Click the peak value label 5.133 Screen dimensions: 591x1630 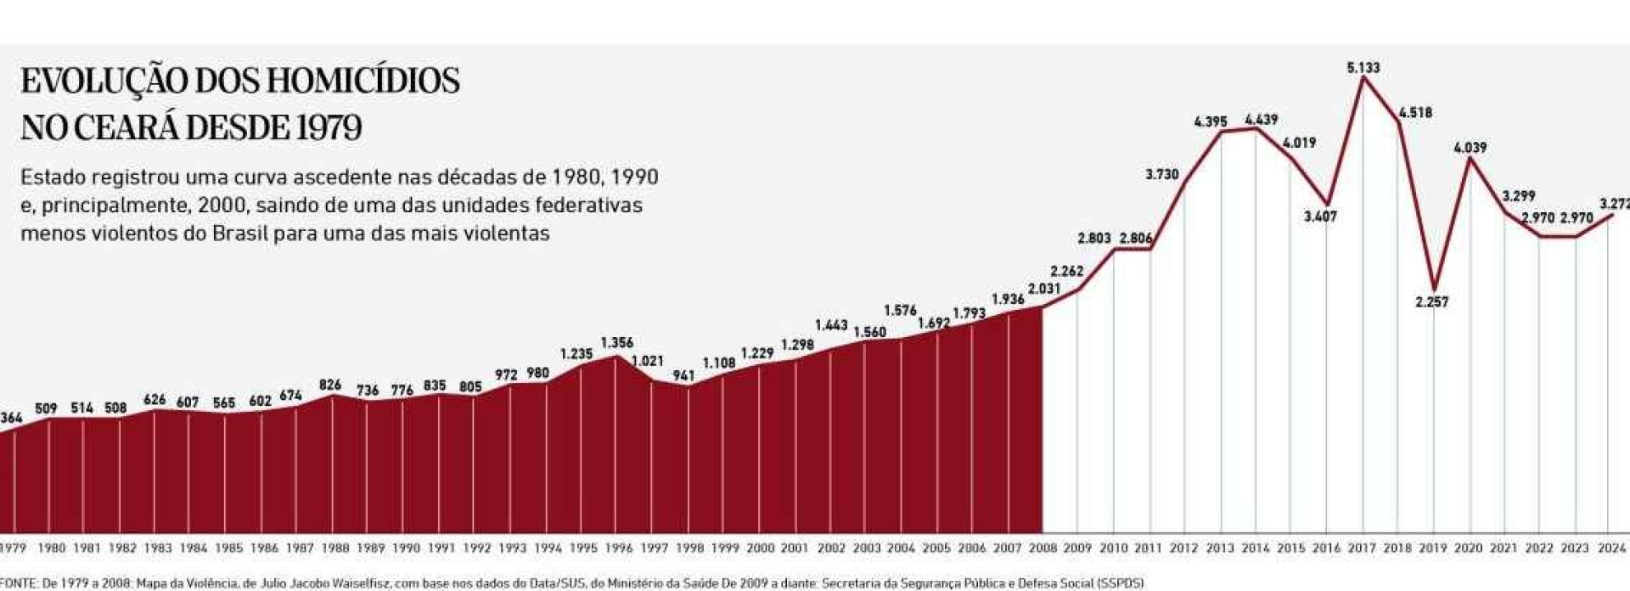1363,68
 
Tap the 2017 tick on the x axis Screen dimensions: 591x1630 1362,549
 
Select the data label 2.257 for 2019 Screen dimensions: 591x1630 1432,301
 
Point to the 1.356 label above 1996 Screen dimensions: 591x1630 617,343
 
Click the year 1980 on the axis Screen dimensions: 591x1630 51,549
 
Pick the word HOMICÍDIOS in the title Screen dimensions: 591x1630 363,82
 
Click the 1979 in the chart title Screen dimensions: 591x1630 329,128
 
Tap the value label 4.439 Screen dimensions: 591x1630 1261,120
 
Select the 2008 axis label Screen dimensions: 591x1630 1043,549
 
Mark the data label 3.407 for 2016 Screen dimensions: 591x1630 1321,217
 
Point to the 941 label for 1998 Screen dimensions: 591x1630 683,375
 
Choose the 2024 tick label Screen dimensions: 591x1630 1610,549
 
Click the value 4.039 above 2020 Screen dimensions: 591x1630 1470,148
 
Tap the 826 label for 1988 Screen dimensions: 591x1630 330,385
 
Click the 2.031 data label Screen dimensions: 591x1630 1044,289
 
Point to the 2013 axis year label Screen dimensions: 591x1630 1220,549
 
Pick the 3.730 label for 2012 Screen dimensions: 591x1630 1162,174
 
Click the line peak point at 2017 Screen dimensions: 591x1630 1363,78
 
